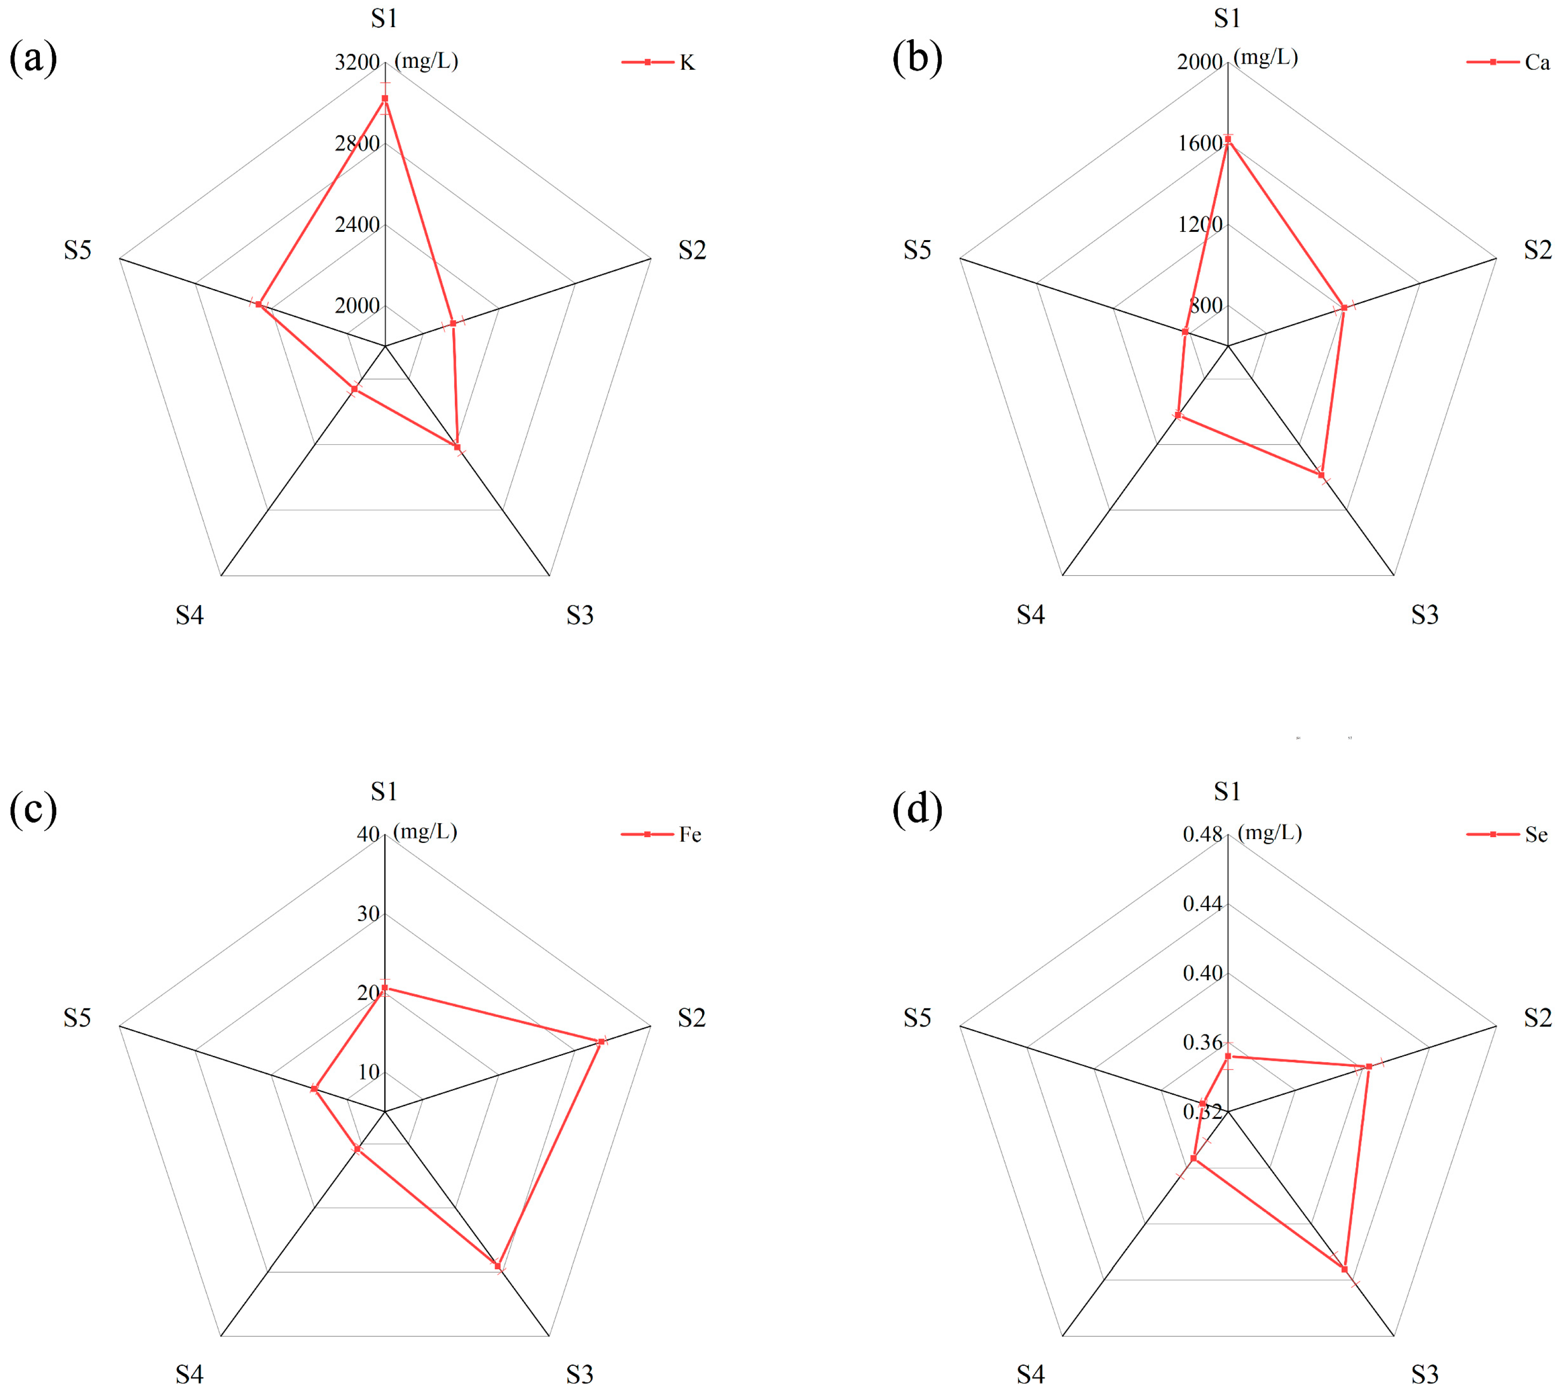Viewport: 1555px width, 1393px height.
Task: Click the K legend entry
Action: coord(658,62)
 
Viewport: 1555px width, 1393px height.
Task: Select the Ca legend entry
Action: coord(1507,62)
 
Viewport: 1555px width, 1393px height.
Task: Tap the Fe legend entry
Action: coord(661,834)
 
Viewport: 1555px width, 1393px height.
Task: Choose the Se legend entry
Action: coord(1507,834)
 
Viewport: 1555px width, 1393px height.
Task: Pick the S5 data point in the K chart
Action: coord(258,305)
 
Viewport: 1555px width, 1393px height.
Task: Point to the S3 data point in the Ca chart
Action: coord(1321,475)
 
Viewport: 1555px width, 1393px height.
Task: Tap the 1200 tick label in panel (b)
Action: coord(1200,224)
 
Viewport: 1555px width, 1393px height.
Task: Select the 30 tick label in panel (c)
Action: coord(369,914)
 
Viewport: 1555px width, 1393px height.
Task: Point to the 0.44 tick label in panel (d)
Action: coord(1202,904)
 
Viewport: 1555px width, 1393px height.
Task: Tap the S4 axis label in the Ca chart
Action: coord(1030,615)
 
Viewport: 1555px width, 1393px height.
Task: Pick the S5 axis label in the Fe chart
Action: coord(77,1018)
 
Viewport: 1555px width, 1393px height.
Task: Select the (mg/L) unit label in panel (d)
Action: coord(1269,832)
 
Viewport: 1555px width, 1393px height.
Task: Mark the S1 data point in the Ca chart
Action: coord(1228,139)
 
